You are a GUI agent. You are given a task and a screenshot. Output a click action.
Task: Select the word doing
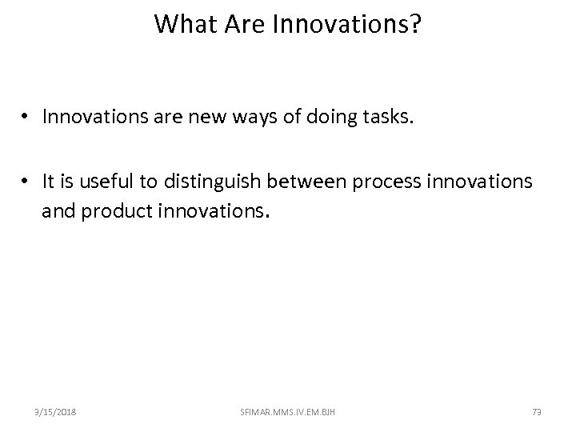335,118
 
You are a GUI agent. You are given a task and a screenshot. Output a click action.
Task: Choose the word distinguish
212,183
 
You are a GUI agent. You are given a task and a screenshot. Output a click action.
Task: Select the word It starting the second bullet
50,183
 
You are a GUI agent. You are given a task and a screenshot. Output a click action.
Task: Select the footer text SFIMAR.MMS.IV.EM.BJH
287,411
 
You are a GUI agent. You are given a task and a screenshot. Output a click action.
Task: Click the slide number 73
537,411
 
